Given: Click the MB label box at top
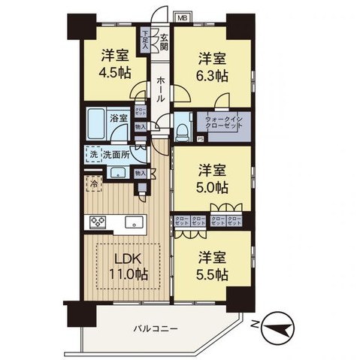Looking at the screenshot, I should pos(183,16).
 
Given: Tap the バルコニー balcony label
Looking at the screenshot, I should pos(156,329).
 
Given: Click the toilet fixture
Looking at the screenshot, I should pos(183,134).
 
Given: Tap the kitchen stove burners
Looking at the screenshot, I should pos(98,222).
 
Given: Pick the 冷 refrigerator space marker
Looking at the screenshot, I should pos(92,183).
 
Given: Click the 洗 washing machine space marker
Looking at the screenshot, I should pos(93,154).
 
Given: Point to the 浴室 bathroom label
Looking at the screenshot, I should pos(118,118).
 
